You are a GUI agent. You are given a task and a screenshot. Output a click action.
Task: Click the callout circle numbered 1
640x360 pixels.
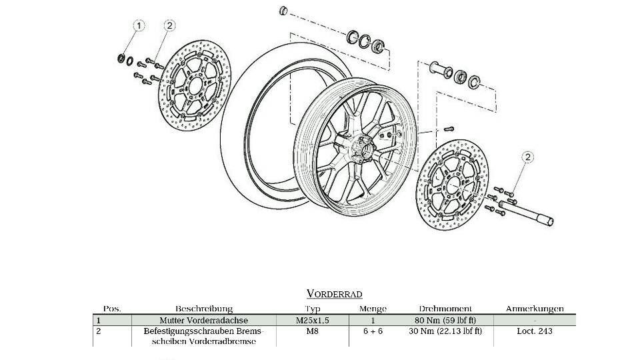click(139, 26)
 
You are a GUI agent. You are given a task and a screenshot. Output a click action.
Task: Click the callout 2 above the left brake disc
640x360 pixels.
click(169, 26)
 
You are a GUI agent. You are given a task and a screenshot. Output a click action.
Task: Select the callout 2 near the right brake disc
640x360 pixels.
click(527, 157)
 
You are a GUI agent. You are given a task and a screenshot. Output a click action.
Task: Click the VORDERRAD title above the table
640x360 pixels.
click(334, 293)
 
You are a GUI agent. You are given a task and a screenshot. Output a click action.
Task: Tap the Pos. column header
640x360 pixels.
click(112, 309)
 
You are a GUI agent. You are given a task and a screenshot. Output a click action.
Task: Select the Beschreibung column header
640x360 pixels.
click(204, 309)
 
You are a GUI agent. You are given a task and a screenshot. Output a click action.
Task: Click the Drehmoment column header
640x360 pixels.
click(445, 309)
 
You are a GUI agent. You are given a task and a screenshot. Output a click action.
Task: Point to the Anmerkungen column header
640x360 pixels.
click(535, 309)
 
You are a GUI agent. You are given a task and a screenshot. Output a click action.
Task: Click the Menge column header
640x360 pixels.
click(373, 309)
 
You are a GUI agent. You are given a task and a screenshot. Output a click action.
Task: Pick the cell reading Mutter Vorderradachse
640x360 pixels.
click(203, 320)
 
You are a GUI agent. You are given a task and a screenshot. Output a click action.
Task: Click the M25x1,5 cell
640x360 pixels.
click(313, 320)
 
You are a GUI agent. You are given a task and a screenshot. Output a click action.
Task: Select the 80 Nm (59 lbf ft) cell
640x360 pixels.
click(445, 320)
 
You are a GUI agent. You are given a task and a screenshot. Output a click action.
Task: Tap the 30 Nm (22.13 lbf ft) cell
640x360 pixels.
click(445, 331)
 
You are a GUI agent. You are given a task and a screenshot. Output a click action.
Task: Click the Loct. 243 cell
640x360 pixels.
click(535, 331)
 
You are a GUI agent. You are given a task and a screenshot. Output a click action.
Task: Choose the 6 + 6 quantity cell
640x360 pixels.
click(373, 331)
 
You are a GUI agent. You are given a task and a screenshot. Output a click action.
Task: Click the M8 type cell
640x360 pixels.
click(313, 331)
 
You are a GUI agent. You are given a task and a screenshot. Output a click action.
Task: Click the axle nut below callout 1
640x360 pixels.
click(122, 58)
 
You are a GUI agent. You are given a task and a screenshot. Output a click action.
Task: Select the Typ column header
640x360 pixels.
click(313, 309)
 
